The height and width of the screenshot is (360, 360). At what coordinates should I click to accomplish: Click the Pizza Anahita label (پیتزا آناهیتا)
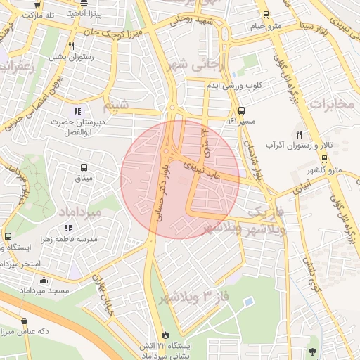coord(87,13)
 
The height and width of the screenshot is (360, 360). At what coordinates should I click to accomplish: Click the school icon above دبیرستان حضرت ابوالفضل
coord(77,110)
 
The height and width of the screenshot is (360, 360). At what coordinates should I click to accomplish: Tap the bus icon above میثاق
coord(84,168)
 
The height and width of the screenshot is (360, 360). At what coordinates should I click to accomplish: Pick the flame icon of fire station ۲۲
coord(166,334)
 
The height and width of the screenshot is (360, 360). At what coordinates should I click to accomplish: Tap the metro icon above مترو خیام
coord(266,15)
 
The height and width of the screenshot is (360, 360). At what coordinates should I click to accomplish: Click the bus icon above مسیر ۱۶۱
coord(241,110)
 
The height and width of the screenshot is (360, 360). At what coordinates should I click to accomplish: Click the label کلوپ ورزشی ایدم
coord(233,85)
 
